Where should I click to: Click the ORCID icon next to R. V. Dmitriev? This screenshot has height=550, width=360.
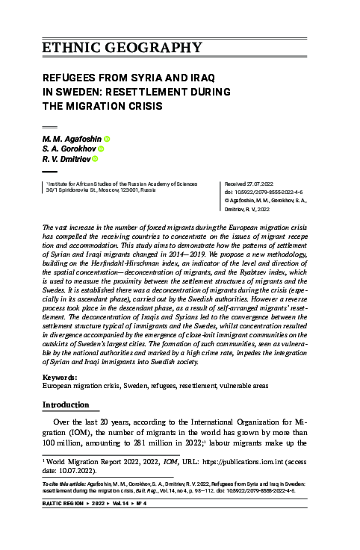[x=95, y=158]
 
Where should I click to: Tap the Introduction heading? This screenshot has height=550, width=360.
[x=69, y=404]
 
